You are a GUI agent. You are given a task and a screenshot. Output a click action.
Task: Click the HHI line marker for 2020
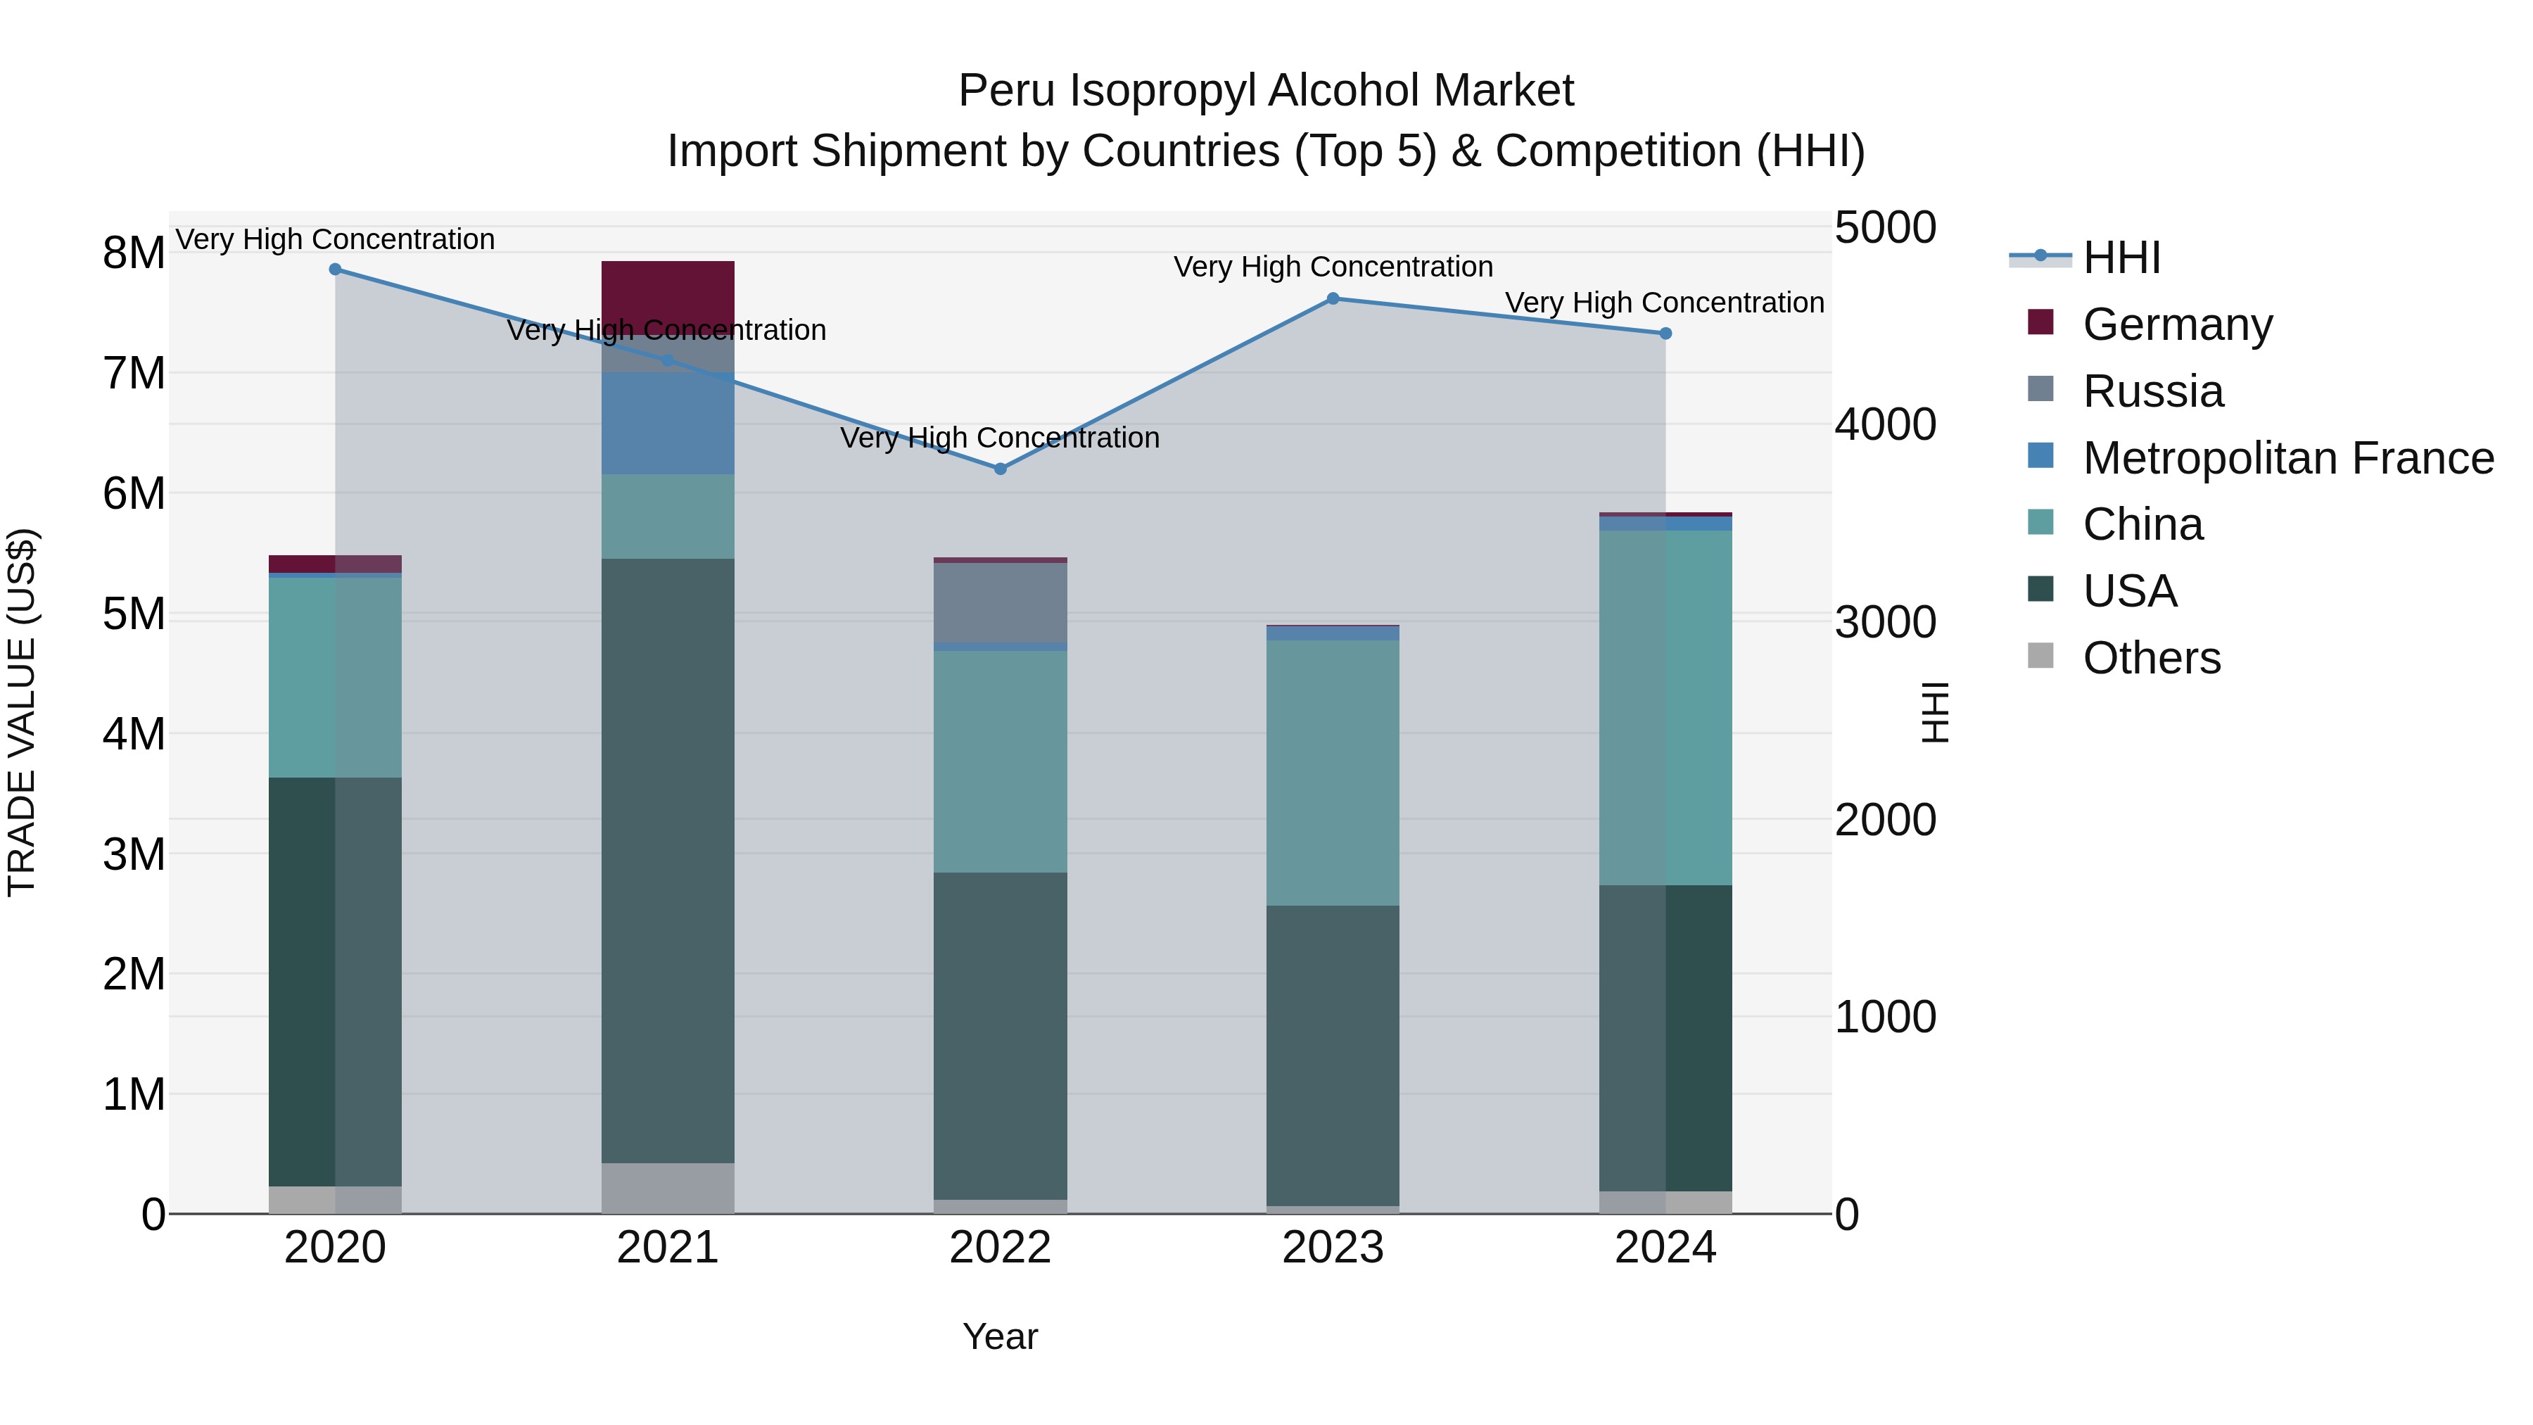(336, 269)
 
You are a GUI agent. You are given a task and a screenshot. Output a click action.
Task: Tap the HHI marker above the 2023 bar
(1333, 298)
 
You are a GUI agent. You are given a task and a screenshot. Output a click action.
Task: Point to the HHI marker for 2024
(1665, 334)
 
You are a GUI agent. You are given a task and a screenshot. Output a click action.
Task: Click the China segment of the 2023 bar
(1333, 772)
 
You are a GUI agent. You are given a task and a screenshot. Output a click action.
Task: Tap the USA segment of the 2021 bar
(668, 861)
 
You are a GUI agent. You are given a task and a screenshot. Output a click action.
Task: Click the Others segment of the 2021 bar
(668, 1187)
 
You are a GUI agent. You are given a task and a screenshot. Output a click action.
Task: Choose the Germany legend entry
(2176, 324)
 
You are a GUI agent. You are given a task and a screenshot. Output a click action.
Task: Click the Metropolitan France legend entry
(2287, 457)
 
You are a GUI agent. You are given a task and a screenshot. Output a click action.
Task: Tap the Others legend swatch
(2040, 656)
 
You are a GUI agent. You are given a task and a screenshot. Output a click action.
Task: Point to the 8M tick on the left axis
(134, 253)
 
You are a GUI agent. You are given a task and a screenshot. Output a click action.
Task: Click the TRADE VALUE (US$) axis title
(22, 712)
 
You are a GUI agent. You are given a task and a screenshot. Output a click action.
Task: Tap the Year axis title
(1000, 1336)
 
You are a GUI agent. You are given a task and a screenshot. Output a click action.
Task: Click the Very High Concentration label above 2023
(1333, 267)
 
